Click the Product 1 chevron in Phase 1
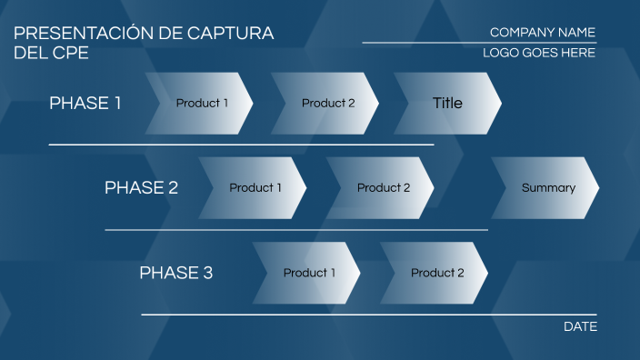point(201,104)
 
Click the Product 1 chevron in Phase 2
point(255,188)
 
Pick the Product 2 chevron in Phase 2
point(383,188)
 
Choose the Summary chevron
point(547,188)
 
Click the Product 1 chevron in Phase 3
point(308,273)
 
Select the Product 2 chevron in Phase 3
point(436,273)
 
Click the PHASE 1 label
point(85,104)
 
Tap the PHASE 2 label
point(141,188)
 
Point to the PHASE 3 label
point(175,273)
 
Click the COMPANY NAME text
point(542,33)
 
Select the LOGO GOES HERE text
point(538,54)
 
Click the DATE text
point(580,326)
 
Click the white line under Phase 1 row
point(241,145)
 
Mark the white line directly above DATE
point(368,315)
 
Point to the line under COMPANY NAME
point(479,43)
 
